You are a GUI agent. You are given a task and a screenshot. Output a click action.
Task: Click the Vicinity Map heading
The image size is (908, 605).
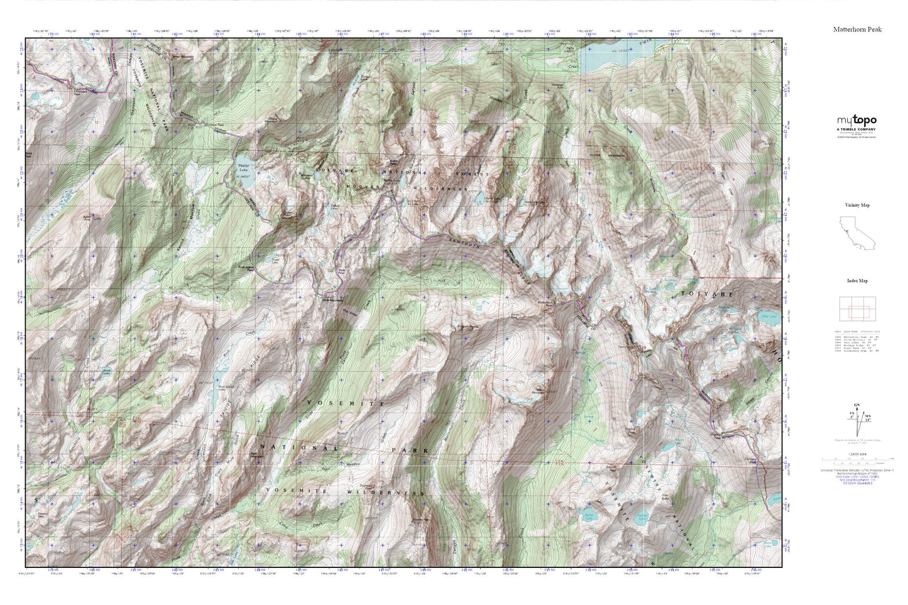856,205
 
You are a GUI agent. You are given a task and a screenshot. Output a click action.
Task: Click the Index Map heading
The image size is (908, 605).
856,281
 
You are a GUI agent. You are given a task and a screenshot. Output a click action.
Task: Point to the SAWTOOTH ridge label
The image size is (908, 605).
462,244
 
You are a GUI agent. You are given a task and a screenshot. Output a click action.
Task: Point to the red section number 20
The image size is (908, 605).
665,309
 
